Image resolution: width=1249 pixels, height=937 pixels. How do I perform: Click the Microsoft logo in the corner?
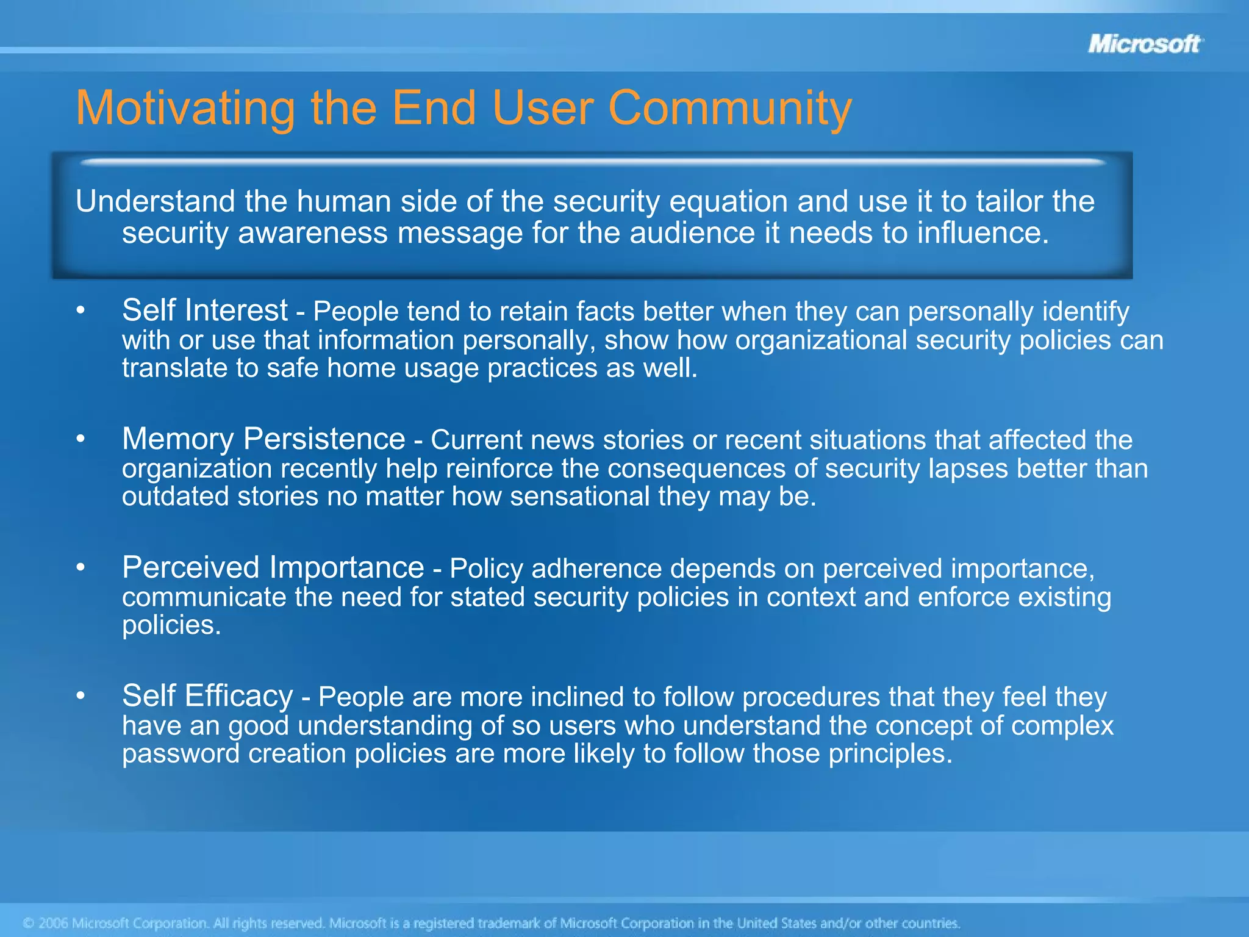coord(1145,44)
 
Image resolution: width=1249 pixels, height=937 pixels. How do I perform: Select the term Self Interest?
coord(204,310)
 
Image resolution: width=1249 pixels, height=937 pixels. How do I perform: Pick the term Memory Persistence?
coord(263,439)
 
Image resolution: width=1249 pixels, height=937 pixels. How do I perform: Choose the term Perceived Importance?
coord(273,567)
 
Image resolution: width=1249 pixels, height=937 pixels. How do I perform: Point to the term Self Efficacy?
coord(207,696)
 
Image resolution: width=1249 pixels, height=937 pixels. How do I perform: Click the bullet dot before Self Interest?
coord(81,311)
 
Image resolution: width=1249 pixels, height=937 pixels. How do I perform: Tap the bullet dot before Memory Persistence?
coord(81,440)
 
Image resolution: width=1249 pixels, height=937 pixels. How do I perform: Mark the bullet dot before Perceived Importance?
coord(81,569)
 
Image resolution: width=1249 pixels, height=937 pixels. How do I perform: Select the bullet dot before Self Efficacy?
coord(81,697)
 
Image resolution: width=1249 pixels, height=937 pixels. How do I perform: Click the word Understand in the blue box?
coord(156,201)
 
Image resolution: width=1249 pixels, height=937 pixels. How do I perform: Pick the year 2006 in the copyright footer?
coord(52,923)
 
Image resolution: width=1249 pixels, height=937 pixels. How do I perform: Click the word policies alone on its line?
coord(171,625)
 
